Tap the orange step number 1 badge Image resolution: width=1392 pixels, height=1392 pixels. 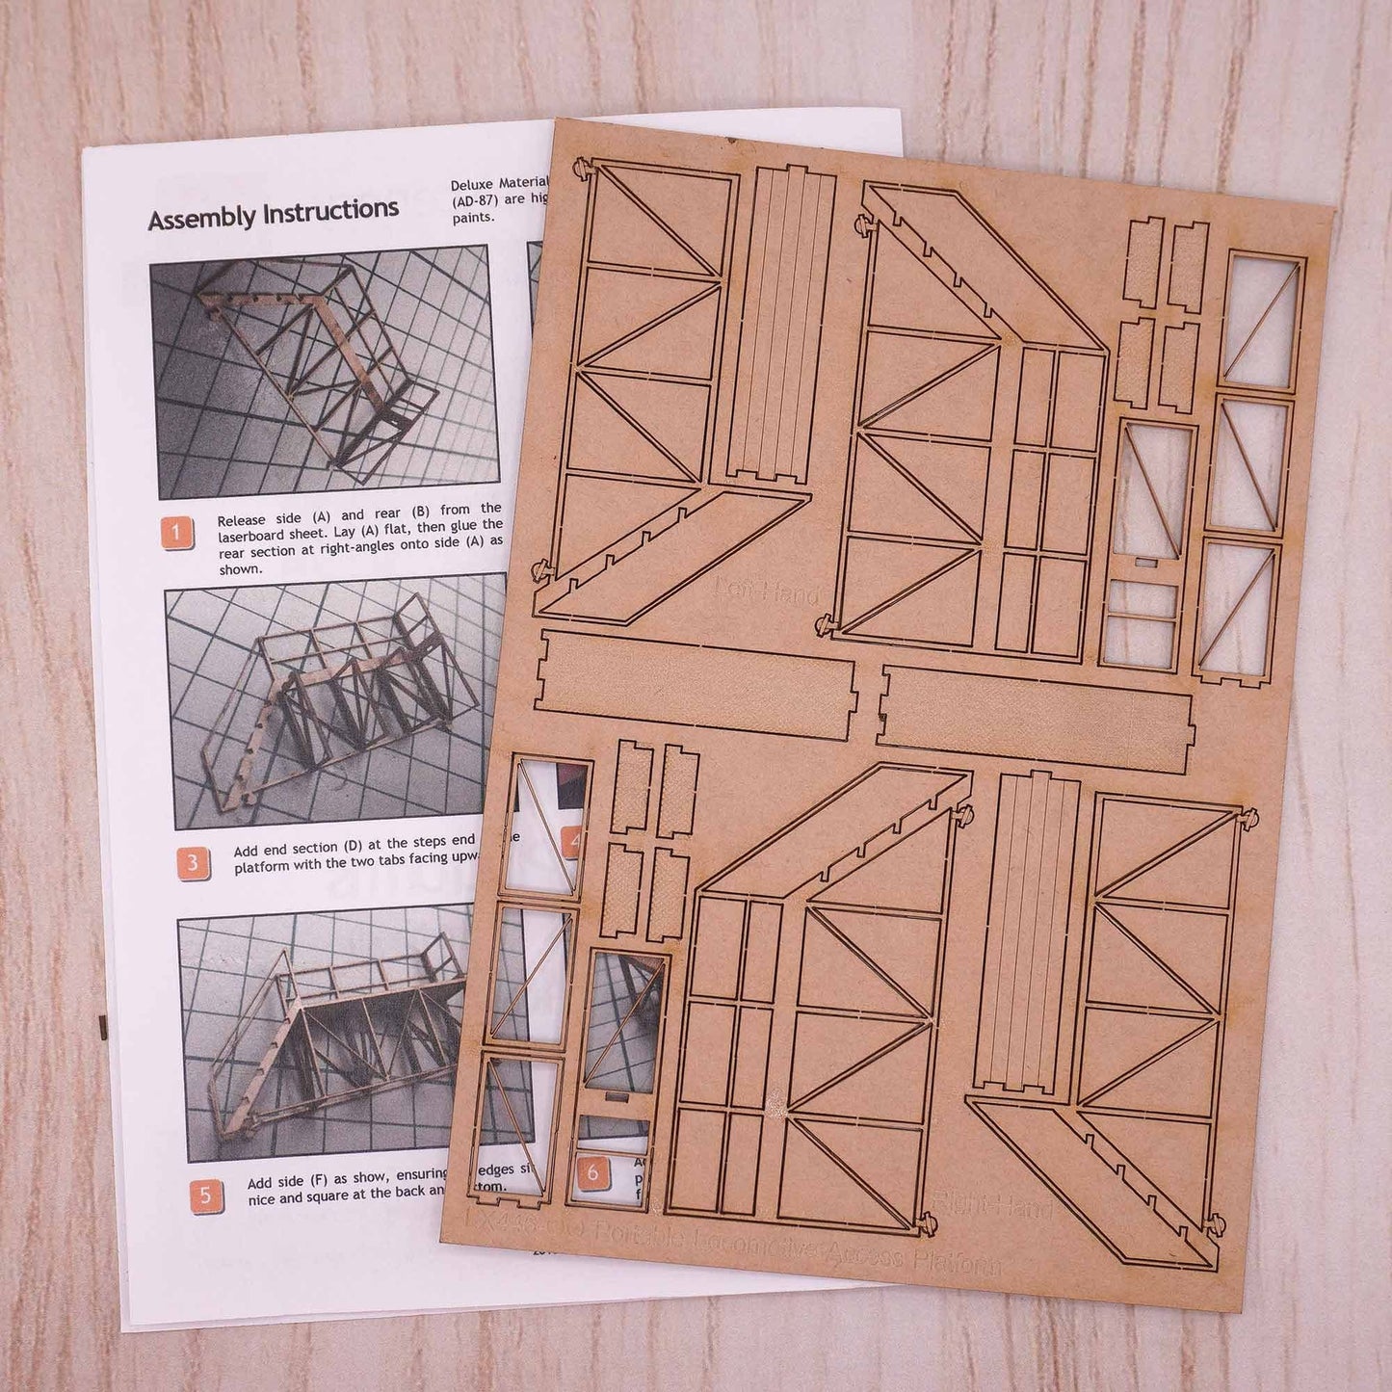(177, 533)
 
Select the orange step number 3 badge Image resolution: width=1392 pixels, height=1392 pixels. (192, 861)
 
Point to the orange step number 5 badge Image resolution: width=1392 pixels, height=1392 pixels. (205, 1195)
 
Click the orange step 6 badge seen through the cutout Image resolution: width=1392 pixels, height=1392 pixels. (593, 1172)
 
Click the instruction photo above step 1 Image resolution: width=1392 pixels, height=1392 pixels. (324, 371)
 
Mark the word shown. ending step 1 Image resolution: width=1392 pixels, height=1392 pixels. (239, 569)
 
